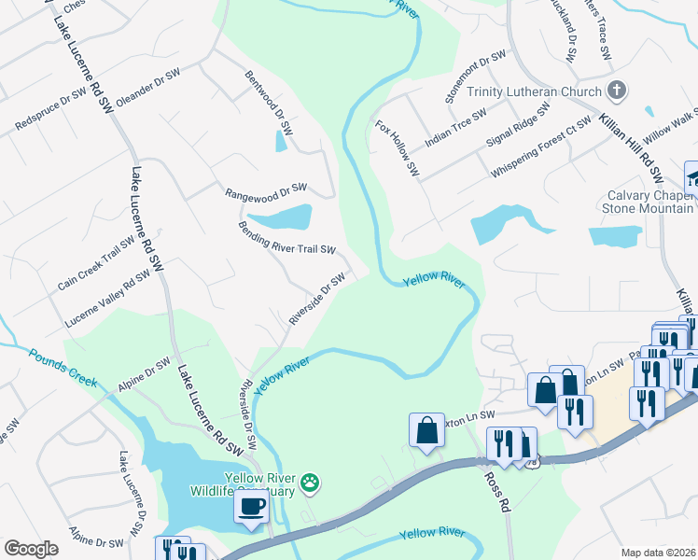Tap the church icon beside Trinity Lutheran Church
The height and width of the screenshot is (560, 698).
click(615, 91)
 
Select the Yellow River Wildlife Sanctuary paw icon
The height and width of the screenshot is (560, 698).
click(310, 483)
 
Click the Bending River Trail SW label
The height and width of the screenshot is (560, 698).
click(286, 237)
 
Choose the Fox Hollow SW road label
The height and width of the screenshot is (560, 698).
click(398, 147)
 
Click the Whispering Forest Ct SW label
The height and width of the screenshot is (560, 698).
click(540, 147)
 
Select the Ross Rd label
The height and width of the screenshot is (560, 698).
click(495, 492)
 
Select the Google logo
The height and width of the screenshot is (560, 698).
click(31, 548)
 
